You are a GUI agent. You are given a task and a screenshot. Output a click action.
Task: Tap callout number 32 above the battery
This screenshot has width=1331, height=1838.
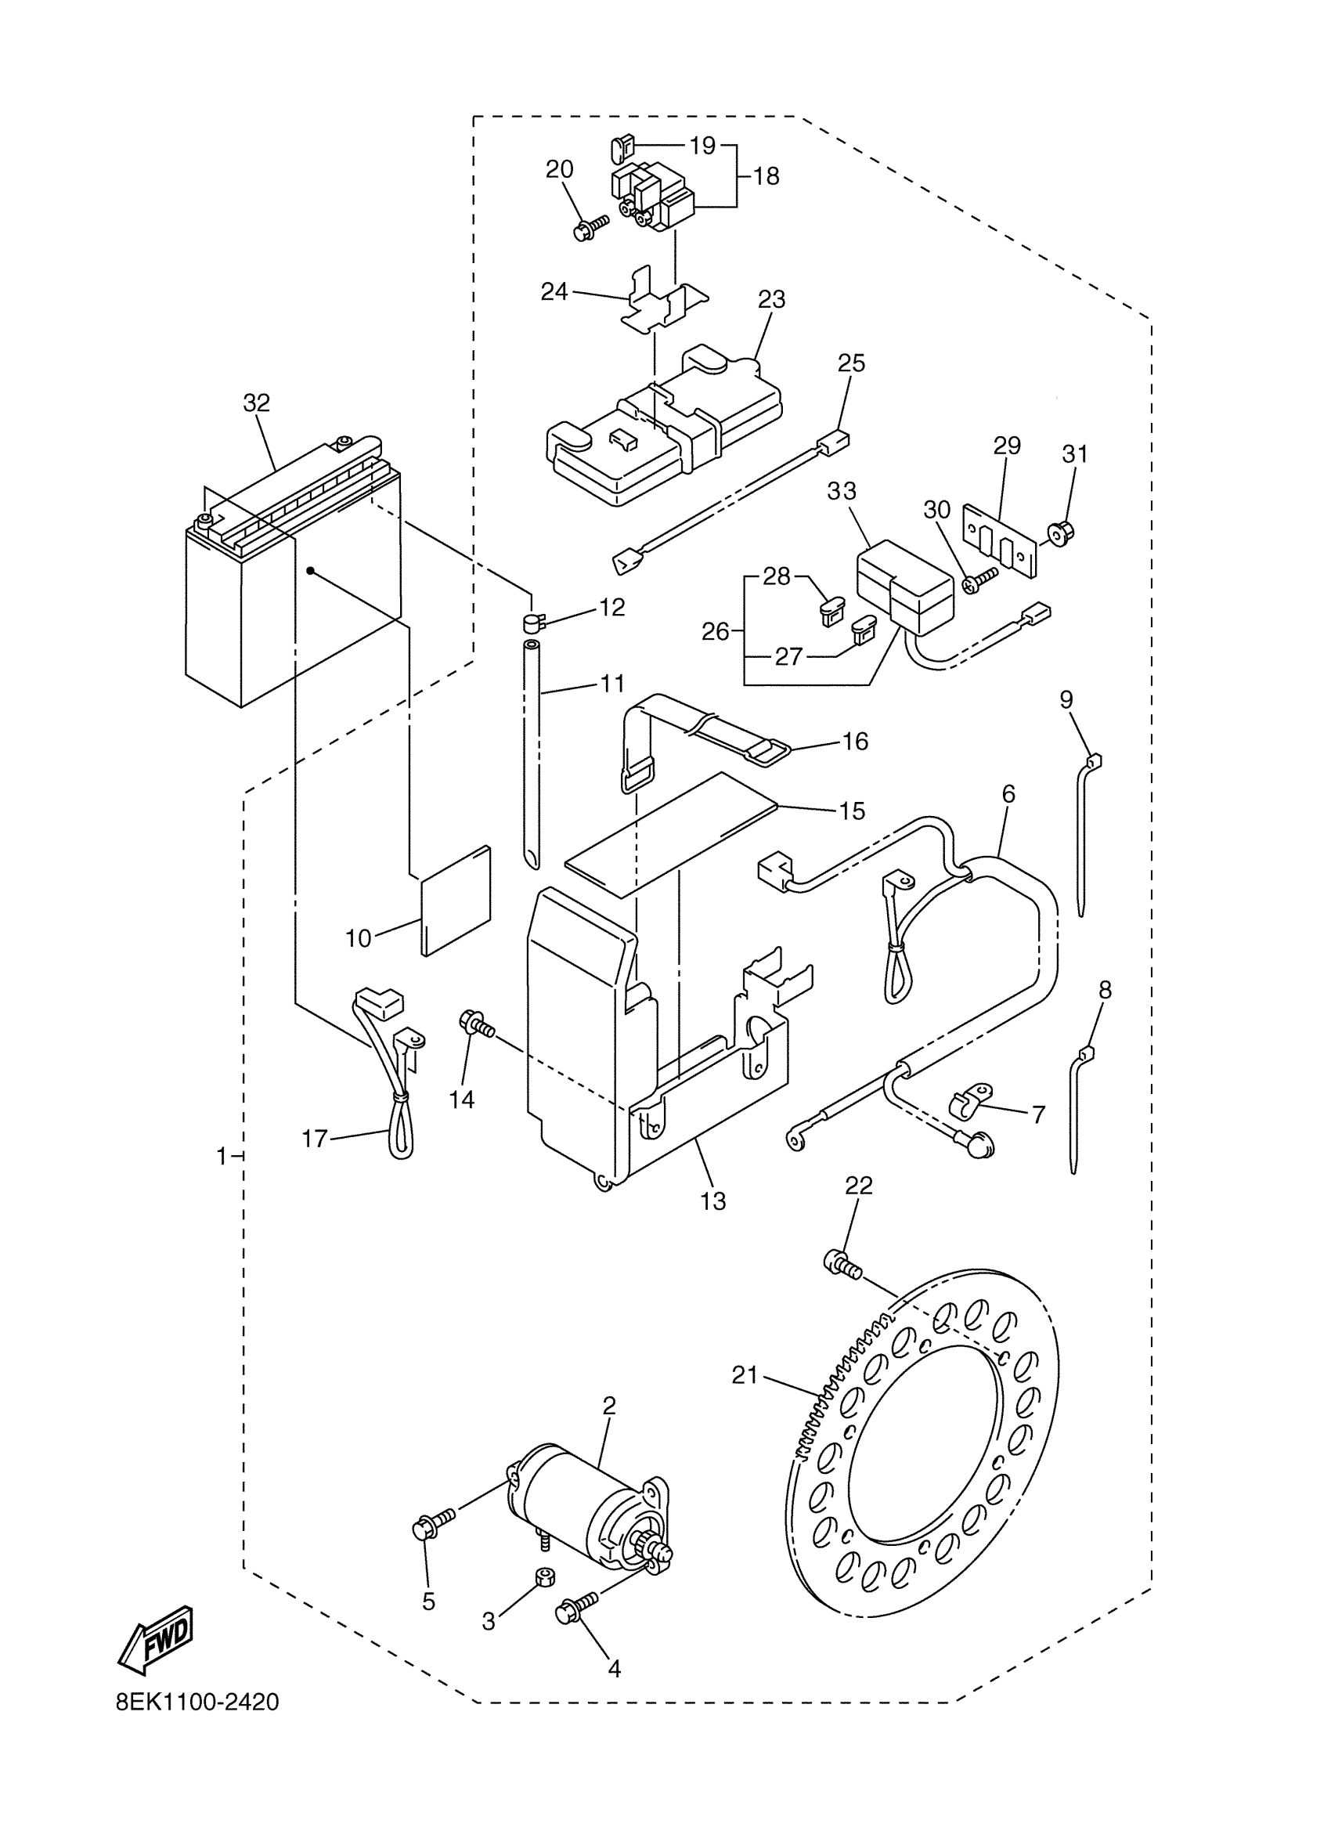pos(257,403)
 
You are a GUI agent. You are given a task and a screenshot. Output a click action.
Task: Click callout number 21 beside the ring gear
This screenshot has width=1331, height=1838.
pos(745,1374)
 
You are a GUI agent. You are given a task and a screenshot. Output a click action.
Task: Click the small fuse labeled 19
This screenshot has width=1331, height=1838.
pos(622,148)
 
